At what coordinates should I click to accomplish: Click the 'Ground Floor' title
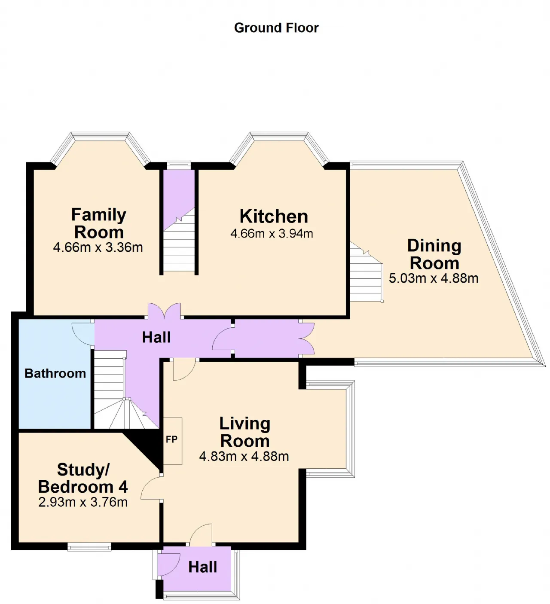click(x=276, y=28)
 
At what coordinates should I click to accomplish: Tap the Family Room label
click(x=98, y=223)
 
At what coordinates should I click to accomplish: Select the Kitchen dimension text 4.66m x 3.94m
click(x=272, y=234)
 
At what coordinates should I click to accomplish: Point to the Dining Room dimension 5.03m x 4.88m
click(x=434, y=278)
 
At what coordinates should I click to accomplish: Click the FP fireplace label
click(x=171, y=439)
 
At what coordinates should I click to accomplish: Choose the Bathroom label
click(x=55, y=373)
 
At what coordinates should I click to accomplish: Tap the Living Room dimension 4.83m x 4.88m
click(x=244, y=457)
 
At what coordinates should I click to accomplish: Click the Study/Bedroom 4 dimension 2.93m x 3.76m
click(x=83, y=502)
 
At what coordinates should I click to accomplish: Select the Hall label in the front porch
click(x=202, y=567)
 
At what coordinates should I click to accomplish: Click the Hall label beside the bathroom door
click(x=156, y=337)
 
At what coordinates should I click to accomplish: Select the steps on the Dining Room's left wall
click(x=366, y=272)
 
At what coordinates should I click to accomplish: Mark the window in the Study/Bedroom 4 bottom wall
click(x=89, y=547)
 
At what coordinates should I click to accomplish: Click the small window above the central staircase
click(x=179, y=165)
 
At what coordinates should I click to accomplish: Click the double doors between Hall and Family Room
click(x=164, y=310)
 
